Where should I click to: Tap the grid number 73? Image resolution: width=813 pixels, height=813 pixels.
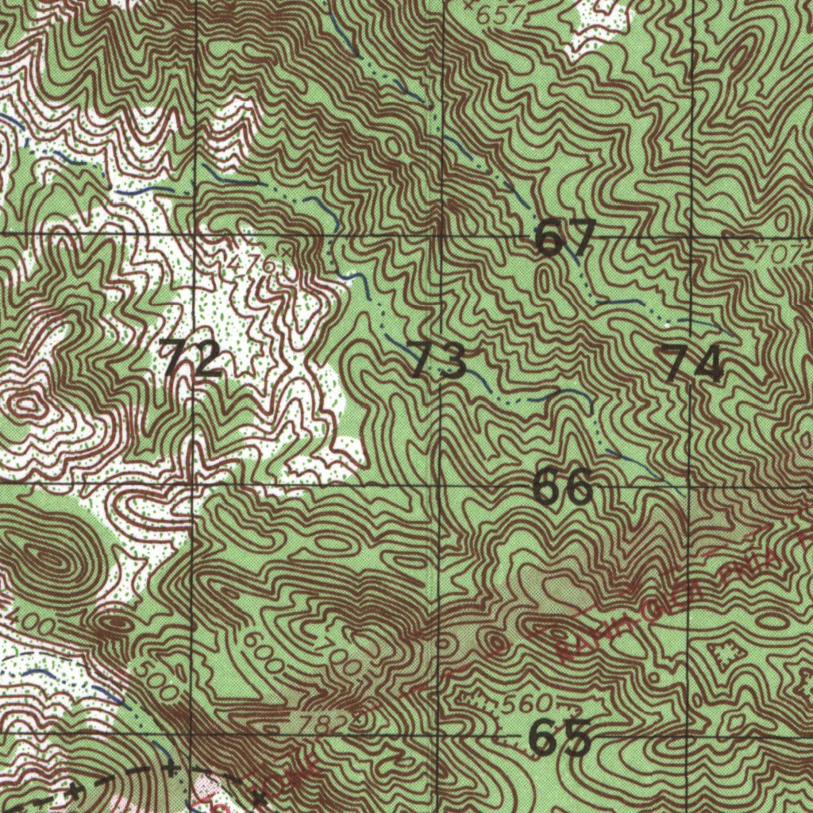pos(437,360)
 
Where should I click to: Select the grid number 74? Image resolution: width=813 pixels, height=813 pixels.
pos(693,363)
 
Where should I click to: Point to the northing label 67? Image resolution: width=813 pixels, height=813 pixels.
pos(564,238)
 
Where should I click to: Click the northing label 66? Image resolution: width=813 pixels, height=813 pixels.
pos(562,486)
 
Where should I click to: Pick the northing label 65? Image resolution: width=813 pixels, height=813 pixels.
pos(560,738)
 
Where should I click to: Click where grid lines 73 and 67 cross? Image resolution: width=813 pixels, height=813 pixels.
pos(441,236)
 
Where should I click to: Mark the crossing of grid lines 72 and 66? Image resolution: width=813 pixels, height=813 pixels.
pos(195,484)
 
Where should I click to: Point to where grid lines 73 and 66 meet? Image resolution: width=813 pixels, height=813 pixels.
pos(441,484)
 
